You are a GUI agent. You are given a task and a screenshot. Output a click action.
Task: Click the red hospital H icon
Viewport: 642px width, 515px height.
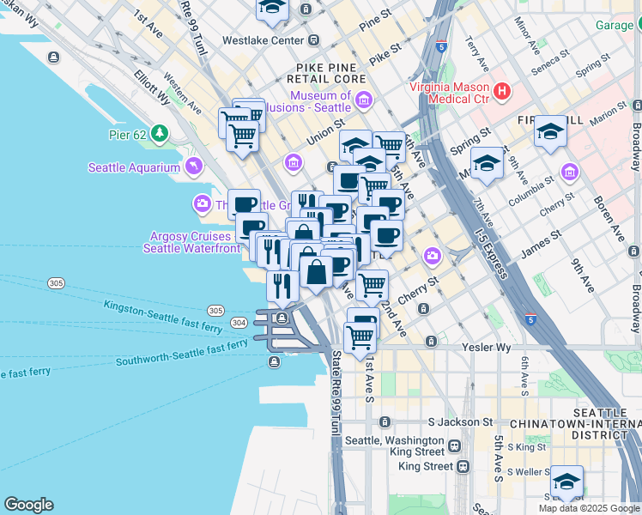[502, 89]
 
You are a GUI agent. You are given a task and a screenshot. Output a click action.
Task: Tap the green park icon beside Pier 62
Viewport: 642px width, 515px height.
[159, 133]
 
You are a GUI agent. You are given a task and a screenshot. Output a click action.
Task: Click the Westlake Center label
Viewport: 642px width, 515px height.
[263, 40]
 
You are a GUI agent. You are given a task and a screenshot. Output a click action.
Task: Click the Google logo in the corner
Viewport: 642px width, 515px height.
[28, 505]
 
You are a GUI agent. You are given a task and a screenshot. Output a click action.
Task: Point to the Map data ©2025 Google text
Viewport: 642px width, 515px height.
[588, 508]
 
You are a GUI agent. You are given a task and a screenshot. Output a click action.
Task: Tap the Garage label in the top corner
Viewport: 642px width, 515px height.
[615, 25]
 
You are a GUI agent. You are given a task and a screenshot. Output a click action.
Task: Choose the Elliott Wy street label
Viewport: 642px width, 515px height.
[152, 87]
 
